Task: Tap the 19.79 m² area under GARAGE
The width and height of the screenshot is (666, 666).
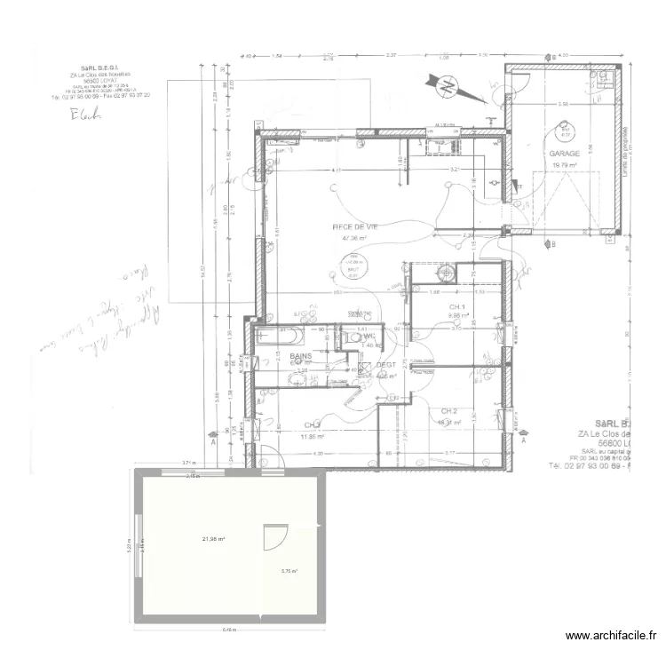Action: pyautogui.click(x=564, y=164)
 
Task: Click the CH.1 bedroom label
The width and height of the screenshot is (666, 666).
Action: pyautogui.click(x=457, y=305)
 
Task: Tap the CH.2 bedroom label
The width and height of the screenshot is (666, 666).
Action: pyautogui.click(x=448, y=411)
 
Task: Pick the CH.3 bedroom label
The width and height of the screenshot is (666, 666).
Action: pyautogui.click(x=312, y=425)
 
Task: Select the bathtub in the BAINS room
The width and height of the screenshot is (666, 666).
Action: pyautogui.click(x=279, y=336)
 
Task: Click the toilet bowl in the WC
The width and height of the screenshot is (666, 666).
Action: pyautogui.click(x=350, y=336)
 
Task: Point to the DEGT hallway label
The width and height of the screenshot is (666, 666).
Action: pyautogui.click(x=385, y=365)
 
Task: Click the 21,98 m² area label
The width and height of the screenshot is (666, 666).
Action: pyautogui.click(x=212, y=539)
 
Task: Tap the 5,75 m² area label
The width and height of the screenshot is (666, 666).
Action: pyautogui.click(x=290, y=572)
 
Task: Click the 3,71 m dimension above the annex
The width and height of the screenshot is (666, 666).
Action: pyautogui.click(x=188, y=463)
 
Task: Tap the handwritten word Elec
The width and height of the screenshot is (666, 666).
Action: pyautogui.click(x=86, y=113)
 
